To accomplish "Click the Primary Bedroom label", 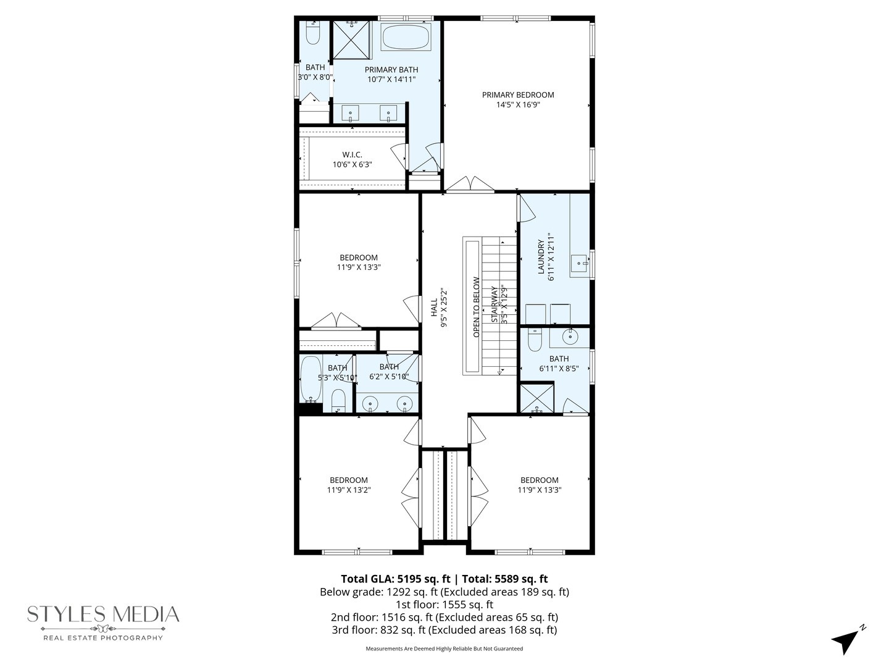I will click(517, 95).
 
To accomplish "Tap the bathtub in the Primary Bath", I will click(406, 37).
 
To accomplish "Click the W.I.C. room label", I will click(352, 154).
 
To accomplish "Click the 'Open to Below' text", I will click(476, 307).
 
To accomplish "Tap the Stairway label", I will click(495, 304).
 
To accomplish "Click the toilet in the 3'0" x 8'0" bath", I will click(312, 34).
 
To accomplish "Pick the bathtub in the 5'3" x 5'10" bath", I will click(311, 379).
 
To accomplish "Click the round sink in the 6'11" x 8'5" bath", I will click(570, 337).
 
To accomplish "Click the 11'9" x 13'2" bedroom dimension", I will click(349, 490).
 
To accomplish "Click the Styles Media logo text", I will click(103, 614).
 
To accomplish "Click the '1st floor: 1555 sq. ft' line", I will click(444, 605).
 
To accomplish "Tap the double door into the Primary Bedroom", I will click(470, 184).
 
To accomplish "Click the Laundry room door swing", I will click(527, 208).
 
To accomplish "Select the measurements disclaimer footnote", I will click(444, 649).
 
